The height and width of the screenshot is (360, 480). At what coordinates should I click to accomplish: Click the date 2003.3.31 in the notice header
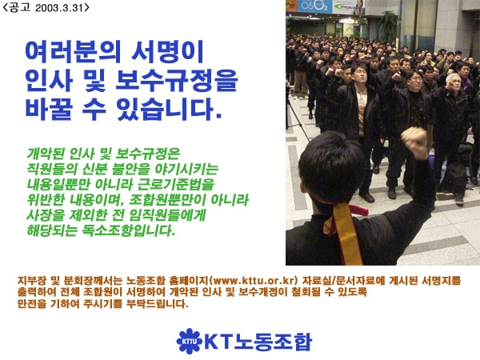pos(58,8)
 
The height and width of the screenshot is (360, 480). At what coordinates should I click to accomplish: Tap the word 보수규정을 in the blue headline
pos(177,81)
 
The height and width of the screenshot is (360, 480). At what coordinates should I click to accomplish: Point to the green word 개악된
pos(45,154)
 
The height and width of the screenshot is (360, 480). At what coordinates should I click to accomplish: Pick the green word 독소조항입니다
pos(129,230)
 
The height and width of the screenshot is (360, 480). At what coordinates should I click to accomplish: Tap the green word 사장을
pos(45,215)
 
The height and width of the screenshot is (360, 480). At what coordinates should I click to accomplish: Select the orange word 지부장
pos(31,281)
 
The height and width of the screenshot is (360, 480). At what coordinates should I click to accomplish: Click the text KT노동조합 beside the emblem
pos(258,342)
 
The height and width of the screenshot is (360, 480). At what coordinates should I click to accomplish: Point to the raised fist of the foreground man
pos(414,142)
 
